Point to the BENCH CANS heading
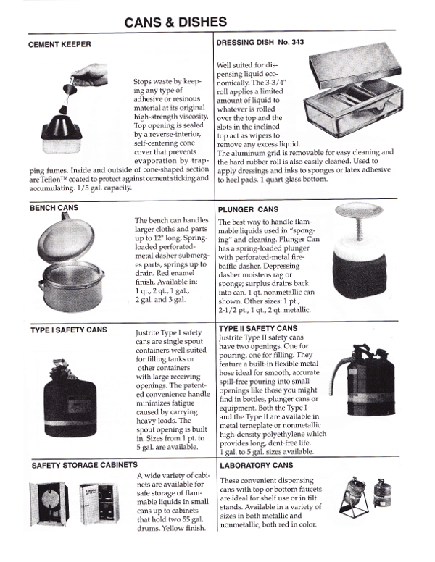[54, 208]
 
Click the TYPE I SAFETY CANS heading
[68, 330]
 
